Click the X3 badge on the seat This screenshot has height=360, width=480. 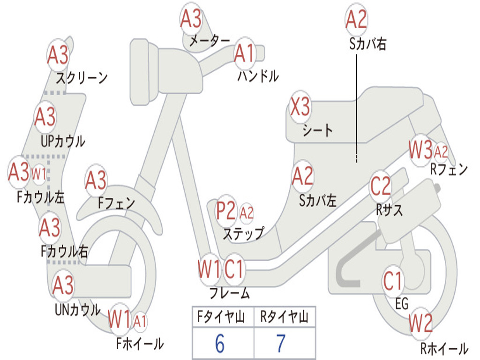click(x=300, y=107)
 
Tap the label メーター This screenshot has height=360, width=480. click(x=209, y=41)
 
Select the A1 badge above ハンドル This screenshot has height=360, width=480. click(x=244, y=53)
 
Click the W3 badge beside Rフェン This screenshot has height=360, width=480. click(x=420, y=150)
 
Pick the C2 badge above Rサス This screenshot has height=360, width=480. click(x=380, y=187)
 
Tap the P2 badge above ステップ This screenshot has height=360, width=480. click(x=226, y=211)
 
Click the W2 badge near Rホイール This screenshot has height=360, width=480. click(x=420, y=323)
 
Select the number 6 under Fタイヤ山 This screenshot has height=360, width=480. click(x=219, y=344)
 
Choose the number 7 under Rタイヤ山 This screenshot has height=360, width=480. click(x=280, y=344)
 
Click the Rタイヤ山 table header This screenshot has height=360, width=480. click(x=284, y=318)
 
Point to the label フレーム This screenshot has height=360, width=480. click(x=229, y=294)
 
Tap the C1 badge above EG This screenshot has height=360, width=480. click(x=393, y=281)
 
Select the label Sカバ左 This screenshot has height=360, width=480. click(x=318, y=201)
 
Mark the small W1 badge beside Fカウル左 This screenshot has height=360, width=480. click(x=39, y=174)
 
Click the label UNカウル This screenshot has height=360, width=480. click(x=77, y=309)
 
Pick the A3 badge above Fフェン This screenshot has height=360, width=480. click(x=96, y=180)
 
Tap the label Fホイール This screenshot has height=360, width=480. click(x=140, y=344)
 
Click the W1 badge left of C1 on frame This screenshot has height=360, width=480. click(x=209, y=269)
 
